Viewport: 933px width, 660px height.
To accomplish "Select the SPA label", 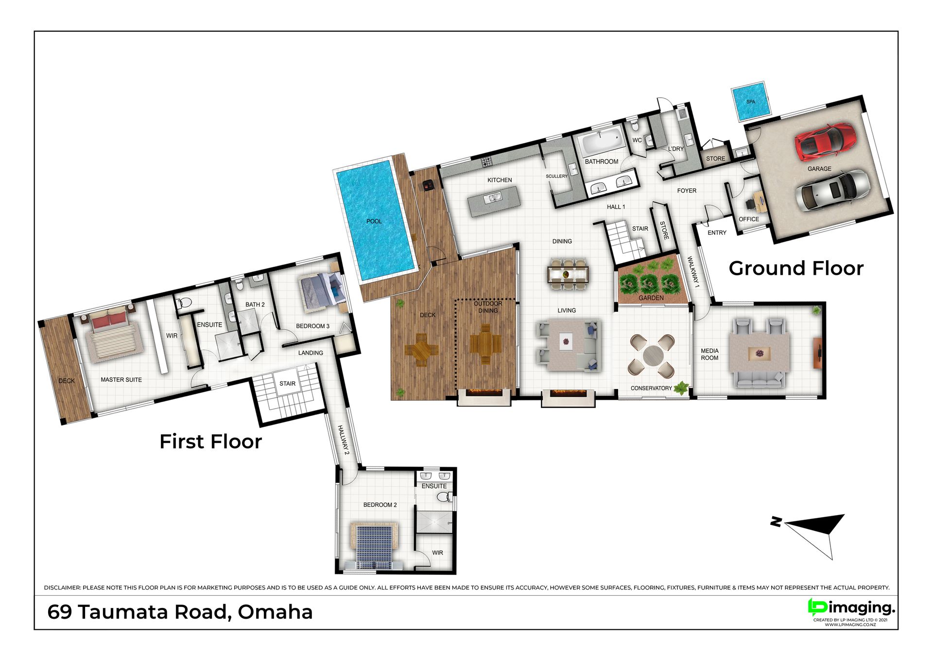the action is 751,102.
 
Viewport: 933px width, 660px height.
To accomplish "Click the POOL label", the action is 374,221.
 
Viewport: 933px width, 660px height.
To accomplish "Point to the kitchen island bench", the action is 494,201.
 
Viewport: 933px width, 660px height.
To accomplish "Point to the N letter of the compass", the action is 776,522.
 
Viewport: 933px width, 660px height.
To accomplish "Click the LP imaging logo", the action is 851,608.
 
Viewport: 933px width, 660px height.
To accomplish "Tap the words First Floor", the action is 210,442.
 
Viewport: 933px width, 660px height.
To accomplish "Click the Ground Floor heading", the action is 796,268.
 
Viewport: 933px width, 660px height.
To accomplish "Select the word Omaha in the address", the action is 275,612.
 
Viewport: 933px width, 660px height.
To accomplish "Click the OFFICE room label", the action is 749,219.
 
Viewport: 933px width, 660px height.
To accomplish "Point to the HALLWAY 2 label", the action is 344,440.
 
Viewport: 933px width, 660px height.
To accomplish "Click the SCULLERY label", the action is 556,176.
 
